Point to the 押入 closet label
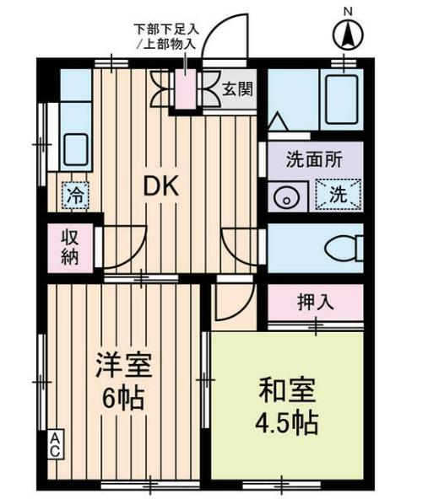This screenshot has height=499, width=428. pyautogui.click(x=316, y=301)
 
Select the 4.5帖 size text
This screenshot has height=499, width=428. pyautogui.click(x=286, y=422)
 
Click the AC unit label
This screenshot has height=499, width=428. pyautogui.click(x=54, y=444)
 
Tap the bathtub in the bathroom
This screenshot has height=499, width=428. pyautogui.click(x=342, y=99)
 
